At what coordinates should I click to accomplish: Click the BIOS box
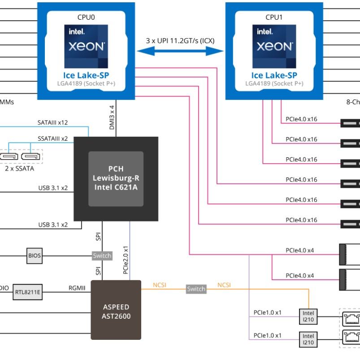pos(35,256)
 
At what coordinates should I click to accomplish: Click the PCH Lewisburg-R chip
pos(116,178)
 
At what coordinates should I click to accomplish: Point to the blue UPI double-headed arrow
pos(180,51)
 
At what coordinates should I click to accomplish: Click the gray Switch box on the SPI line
pos(102,256)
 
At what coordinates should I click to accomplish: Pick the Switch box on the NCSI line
pos(196,289)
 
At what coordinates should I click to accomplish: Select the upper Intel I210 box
pos(308,316)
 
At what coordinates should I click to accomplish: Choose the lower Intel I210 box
pos(308,339)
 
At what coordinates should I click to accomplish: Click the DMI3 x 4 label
pos(112,118)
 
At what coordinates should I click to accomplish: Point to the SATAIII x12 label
pos(53,122)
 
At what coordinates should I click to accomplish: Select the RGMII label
pos(77,288)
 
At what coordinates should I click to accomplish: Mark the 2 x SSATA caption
pos(19,169)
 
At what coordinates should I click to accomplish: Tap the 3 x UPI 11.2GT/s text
pos(180,40)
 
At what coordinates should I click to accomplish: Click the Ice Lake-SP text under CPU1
pos(274,75)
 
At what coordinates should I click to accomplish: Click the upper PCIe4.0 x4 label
pos(299,250)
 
